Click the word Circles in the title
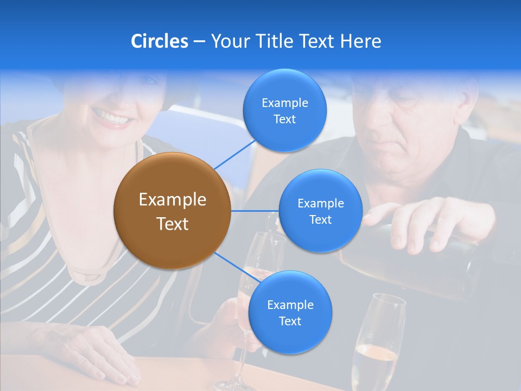159,41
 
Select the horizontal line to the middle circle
255,211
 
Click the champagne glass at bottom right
378,342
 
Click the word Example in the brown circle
172,200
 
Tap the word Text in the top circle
284,119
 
